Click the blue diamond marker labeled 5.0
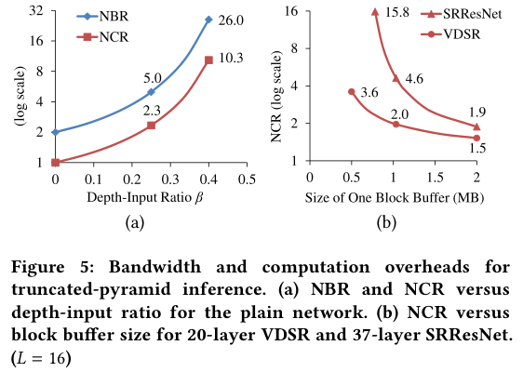(x=151, y=92)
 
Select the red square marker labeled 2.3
(x=151, y=125)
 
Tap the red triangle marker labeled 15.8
(x=374, y=12)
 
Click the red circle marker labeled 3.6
(x=351, y=91)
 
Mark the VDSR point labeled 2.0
(x=396, y=124)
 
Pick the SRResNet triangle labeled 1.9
(x=476, y=126)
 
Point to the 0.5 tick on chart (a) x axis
(x=246, y=178)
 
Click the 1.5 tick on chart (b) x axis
(x=435, y=177)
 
